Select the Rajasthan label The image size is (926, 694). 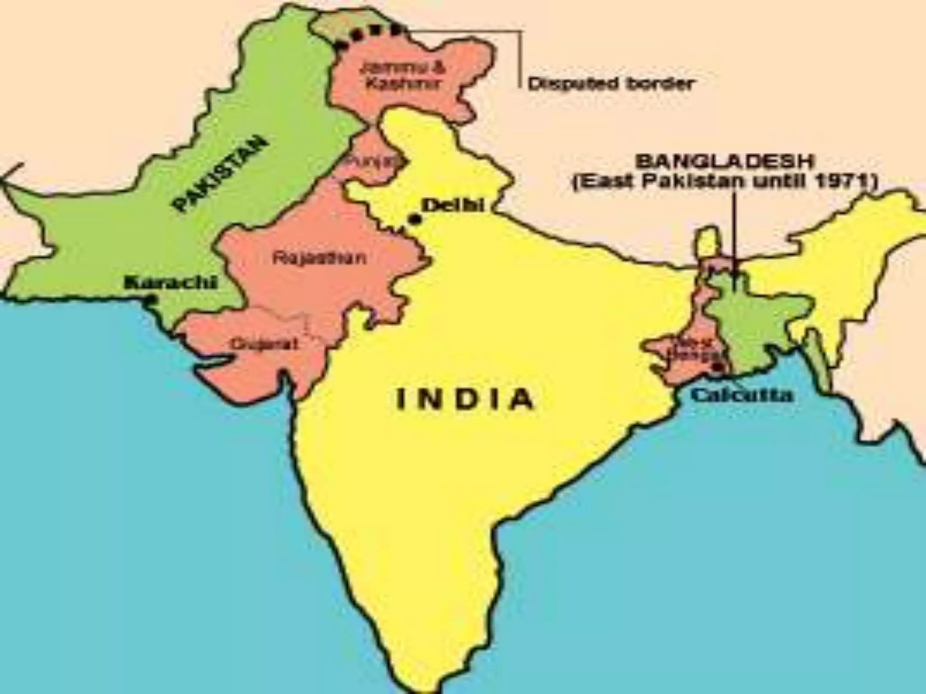[319, 258]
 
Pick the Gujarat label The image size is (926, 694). [265, 344]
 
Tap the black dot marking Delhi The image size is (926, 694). [414, 220]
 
